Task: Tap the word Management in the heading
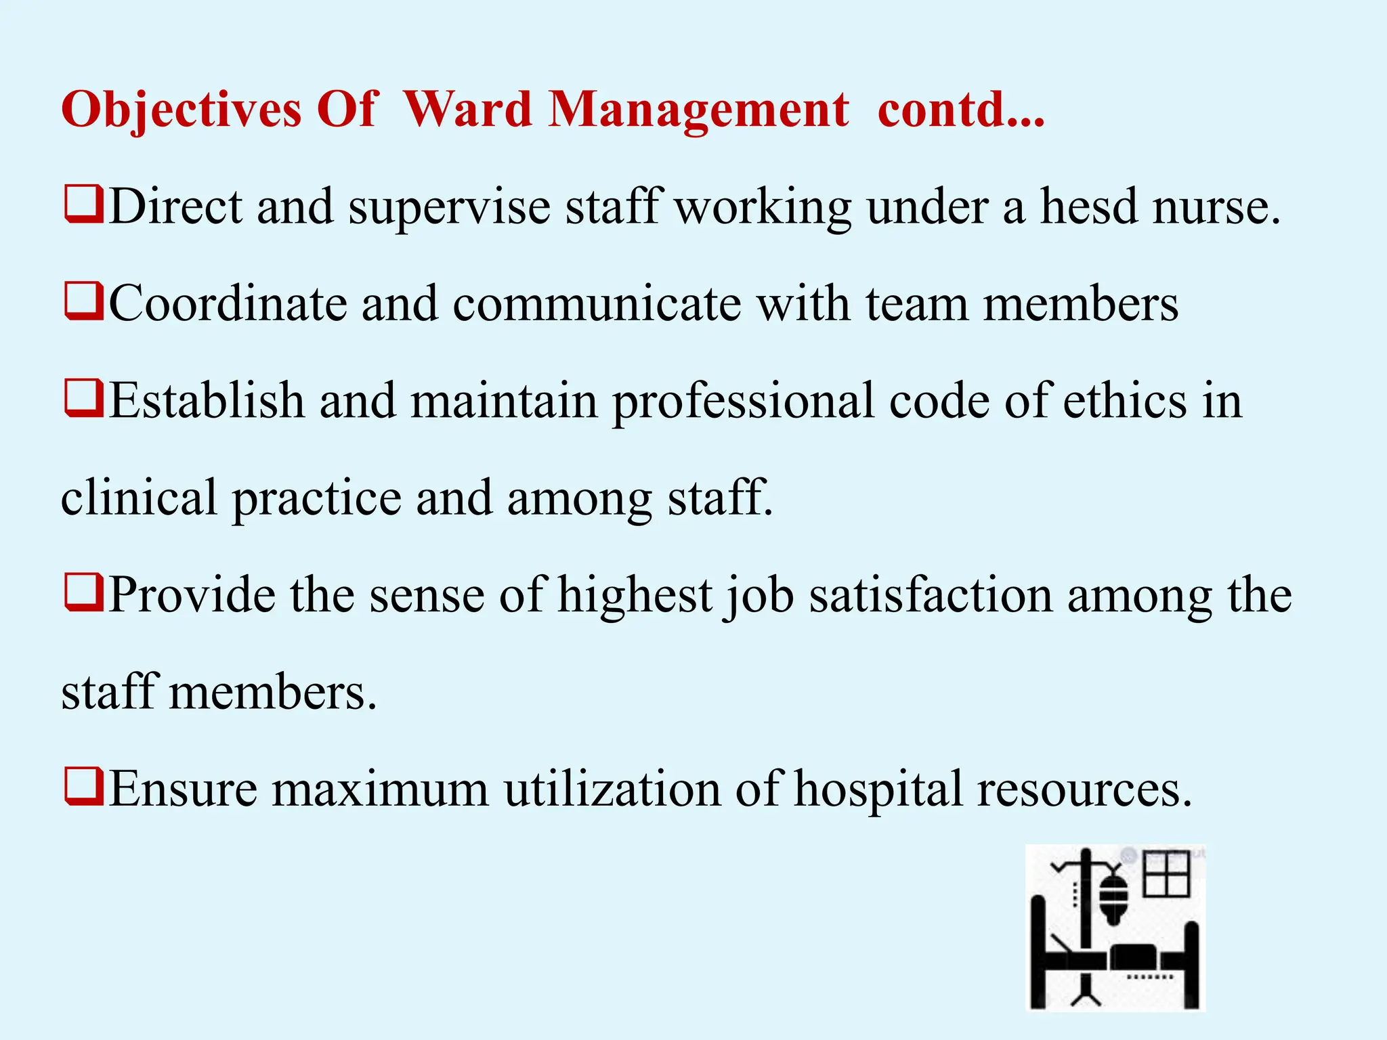698,110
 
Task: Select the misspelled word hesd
1088,207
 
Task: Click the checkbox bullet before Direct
84,204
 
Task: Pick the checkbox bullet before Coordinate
84,302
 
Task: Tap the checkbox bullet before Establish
84,399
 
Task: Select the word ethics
1124,401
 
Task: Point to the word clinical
139,498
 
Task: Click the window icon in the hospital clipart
1166,873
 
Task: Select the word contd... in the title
961,109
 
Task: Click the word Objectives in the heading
182,110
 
